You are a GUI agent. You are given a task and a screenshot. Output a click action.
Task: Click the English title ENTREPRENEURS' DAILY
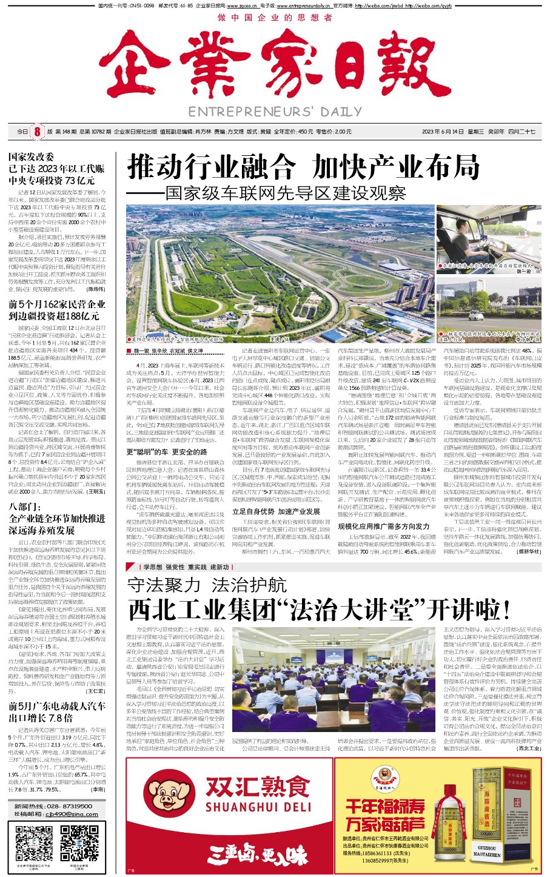pyautogui.click(x=275, y=112)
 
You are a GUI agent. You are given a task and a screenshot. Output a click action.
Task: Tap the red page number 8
pyautogui.click(x=37, y=132)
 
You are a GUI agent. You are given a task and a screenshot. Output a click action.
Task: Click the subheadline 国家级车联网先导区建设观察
pyautogui.click(x=285, y=193)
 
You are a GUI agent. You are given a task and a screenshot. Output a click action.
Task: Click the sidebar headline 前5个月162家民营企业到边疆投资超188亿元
pyautogui.click(x=57, y=310)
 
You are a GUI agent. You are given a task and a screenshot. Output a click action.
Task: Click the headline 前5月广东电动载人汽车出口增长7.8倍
pyautogui.click(x=57, y=711)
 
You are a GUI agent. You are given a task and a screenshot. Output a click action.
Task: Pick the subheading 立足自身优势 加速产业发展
pyautogui.click(x=276, y=511)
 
